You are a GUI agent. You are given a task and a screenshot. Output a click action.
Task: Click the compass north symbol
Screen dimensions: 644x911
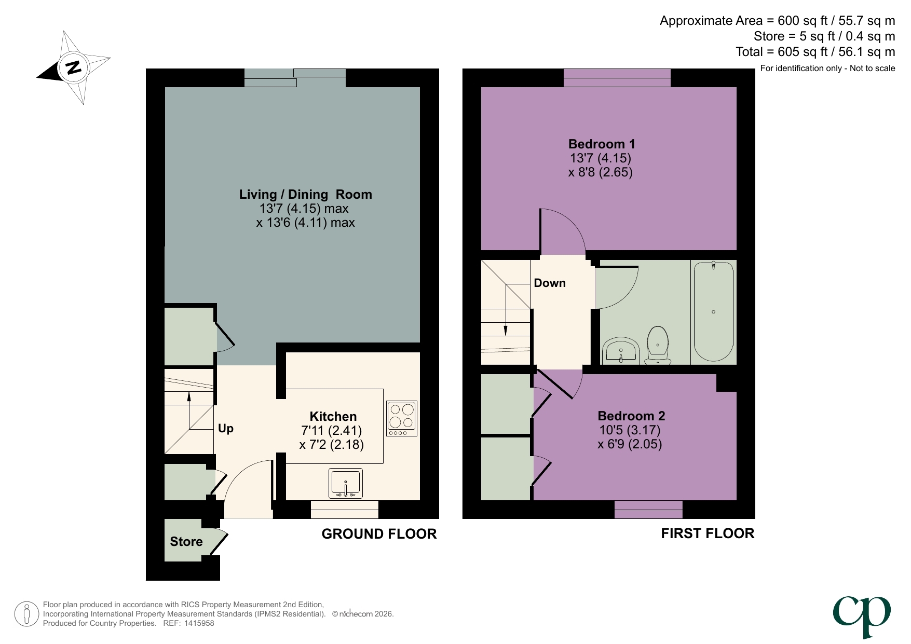pyautogui.click(x=73, y=67)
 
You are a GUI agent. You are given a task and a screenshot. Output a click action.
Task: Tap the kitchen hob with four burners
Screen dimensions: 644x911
pyautogui.click(x=401, y=418)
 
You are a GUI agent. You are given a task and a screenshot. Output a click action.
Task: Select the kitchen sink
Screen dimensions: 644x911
pyautogui.click(x=346, y=483)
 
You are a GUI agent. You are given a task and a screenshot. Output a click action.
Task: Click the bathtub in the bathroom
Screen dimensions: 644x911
pyautogui.click(x=713, y=311)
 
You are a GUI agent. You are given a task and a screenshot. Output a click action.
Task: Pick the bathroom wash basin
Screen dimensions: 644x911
pyautogui.click(x=621, y=351)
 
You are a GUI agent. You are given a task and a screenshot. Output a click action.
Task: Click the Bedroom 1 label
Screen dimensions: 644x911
pyautogui.click(x=601, y=144)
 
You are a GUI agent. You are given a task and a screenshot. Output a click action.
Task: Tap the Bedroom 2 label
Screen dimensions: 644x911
pyautogui.click(x=631, y=416)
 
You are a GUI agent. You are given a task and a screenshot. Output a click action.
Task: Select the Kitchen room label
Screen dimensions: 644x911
pyautogui.click(x=333, y=416)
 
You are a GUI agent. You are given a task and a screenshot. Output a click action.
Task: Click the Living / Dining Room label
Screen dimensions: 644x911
pyautogui.click(x=305, y=195)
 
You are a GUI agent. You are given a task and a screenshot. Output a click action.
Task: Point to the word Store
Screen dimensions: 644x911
pyautogui.click(x=186, y=542)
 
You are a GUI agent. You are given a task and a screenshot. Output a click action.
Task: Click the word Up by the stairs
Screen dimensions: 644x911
pyautogui.click(x=225, y=429)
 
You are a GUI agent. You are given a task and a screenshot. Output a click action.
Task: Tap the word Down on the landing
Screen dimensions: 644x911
pyautogui.click(x=550, y=283)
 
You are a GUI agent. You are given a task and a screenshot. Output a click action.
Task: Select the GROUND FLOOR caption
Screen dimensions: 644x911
pyautogui.click(x=379, y=534)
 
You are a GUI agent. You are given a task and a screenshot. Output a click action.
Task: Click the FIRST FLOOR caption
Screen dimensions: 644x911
pyautogui.click(x=707, y=533)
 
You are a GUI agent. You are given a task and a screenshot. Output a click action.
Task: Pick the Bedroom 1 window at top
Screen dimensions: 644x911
pyautogui.click(x=617, y=78)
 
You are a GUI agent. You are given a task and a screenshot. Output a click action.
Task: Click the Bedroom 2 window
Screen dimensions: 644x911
pyautogui.click(x=648, y=510)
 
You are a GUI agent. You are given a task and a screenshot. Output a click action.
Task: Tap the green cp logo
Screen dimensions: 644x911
pyautogui.click(x=862, y=615)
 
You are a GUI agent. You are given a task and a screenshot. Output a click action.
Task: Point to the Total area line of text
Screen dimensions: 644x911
pyautogui.click(x=815, y=52)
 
